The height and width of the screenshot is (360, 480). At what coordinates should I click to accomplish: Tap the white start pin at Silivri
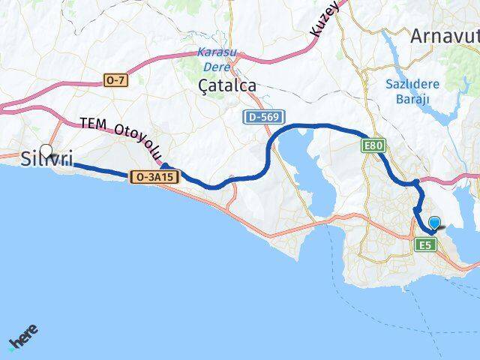(46, 151)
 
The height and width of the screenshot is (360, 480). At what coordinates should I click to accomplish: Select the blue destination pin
(433, 223)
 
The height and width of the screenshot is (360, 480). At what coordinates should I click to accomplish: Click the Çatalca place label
(227, 86)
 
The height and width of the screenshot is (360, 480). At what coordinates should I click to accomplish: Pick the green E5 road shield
(425, 244)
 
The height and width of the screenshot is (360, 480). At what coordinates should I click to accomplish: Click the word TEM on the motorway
(94, 124)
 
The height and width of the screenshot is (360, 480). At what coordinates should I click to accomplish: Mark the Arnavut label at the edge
(445, 36)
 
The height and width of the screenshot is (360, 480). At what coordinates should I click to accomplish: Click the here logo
(23, 337)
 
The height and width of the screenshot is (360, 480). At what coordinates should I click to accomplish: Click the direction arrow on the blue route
(165, 168)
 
